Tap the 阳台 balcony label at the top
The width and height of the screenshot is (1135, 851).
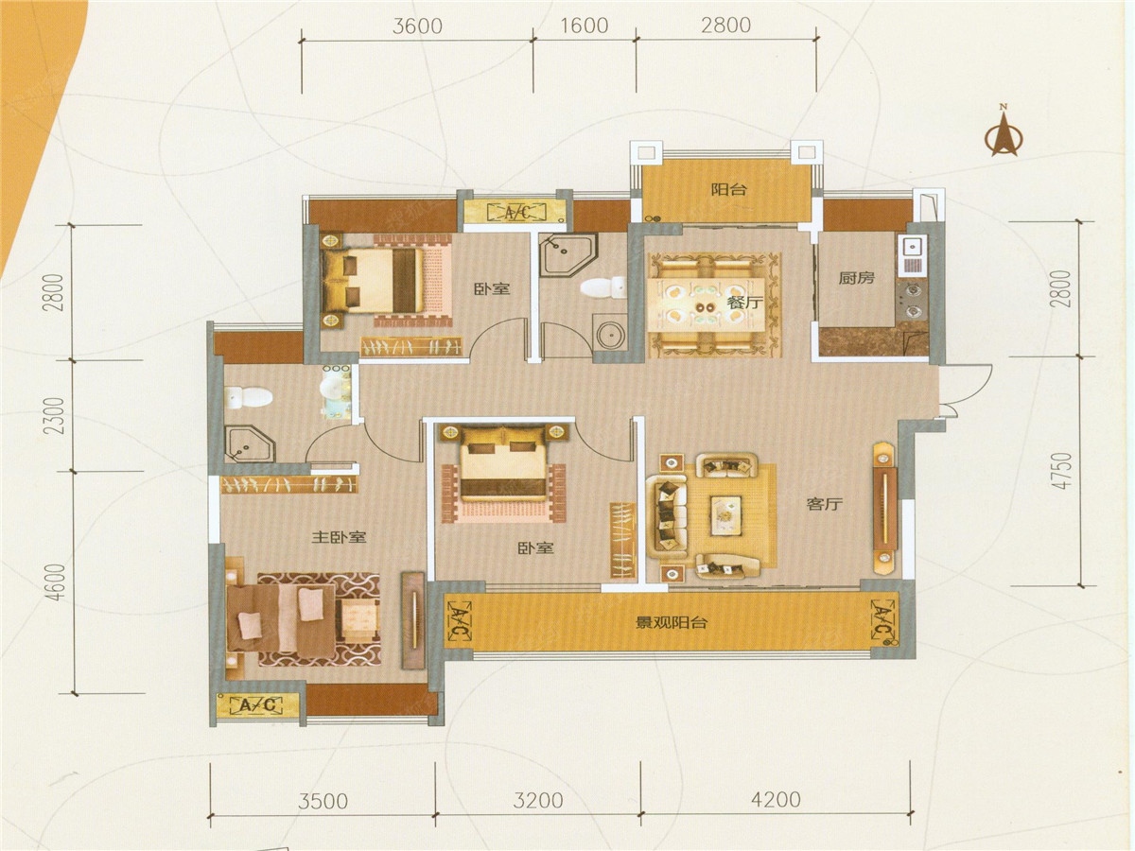(x=728, y=190)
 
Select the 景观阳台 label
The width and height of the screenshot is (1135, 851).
(x=671, y=622)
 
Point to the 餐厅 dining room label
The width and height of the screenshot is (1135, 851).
(x=745, y=303)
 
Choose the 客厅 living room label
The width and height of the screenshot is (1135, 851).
(x=825, y=504)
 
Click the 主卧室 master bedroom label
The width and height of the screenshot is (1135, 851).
(x=339, y=537)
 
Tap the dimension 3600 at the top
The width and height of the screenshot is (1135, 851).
(x=417, y=26)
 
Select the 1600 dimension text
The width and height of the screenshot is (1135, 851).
(x=585, y=26)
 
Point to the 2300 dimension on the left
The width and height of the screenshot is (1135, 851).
(x=57, y=416)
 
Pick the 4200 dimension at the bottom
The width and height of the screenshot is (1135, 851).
(x=776, y=800)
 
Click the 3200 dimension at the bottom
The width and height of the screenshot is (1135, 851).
(x=538, y=801)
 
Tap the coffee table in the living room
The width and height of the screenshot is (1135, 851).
(x=727, y=516)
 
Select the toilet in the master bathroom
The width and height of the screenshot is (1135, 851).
(x=249, y=397)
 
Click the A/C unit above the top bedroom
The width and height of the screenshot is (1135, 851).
(x=517, y=211)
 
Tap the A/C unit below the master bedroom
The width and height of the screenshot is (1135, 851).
(x=258, y=704)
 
